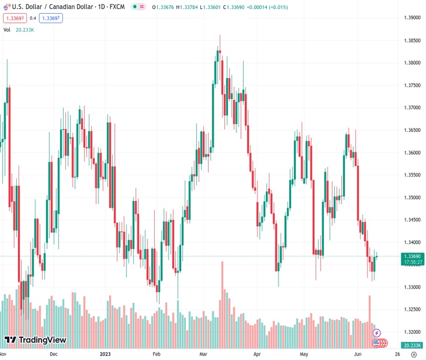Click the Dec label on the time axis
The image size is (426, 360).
click(x=53, y=354)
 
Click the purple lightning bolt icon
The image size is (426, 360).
click(x=377, y=332)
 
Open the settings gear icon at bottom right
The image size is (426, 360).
click(x=414, y=354)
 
